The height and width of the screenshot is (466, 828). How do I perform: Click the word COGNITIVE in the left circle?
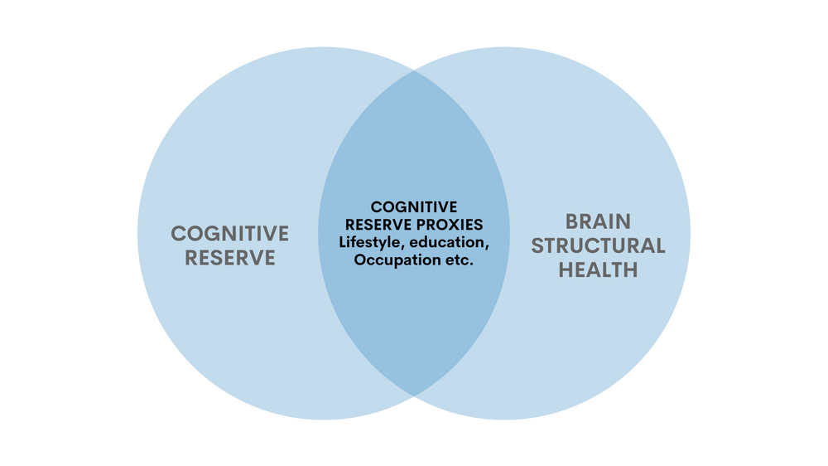tap(229, 233)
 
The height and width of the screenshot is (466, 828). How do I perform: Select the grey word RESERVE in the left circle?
tap(229, 258)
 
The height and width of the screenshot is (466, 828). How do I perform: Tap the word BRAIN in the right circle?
tap(598, 221)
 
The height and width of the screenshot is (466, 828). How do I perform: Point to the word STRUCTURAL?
tap(598, 245)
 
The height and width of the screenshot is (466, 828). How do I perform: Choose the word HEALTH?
tap(598, 270)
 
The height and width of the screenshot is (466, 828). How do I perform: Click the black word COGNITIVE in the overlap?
tap(414, 206)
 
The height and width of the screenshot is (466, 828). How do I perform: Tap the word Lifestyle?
tap(369, 242)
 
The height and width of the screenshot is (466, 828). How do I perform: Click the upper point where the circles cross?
tap(414, 71)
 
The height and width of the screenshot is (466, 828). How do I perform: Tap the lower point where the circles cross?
tap(414, 395)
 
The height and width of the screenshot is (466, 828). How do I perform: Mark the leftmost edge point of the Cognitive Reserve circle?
tap(137, 233)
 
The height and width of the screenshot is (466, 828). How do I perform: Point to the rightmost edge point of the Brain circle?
tap(691, 233)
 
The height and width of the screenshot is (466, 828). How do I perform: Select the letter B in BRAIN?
tap(572, 221)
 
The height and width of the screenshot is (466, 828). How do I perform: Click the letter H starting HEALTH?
tap(566, 270)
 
